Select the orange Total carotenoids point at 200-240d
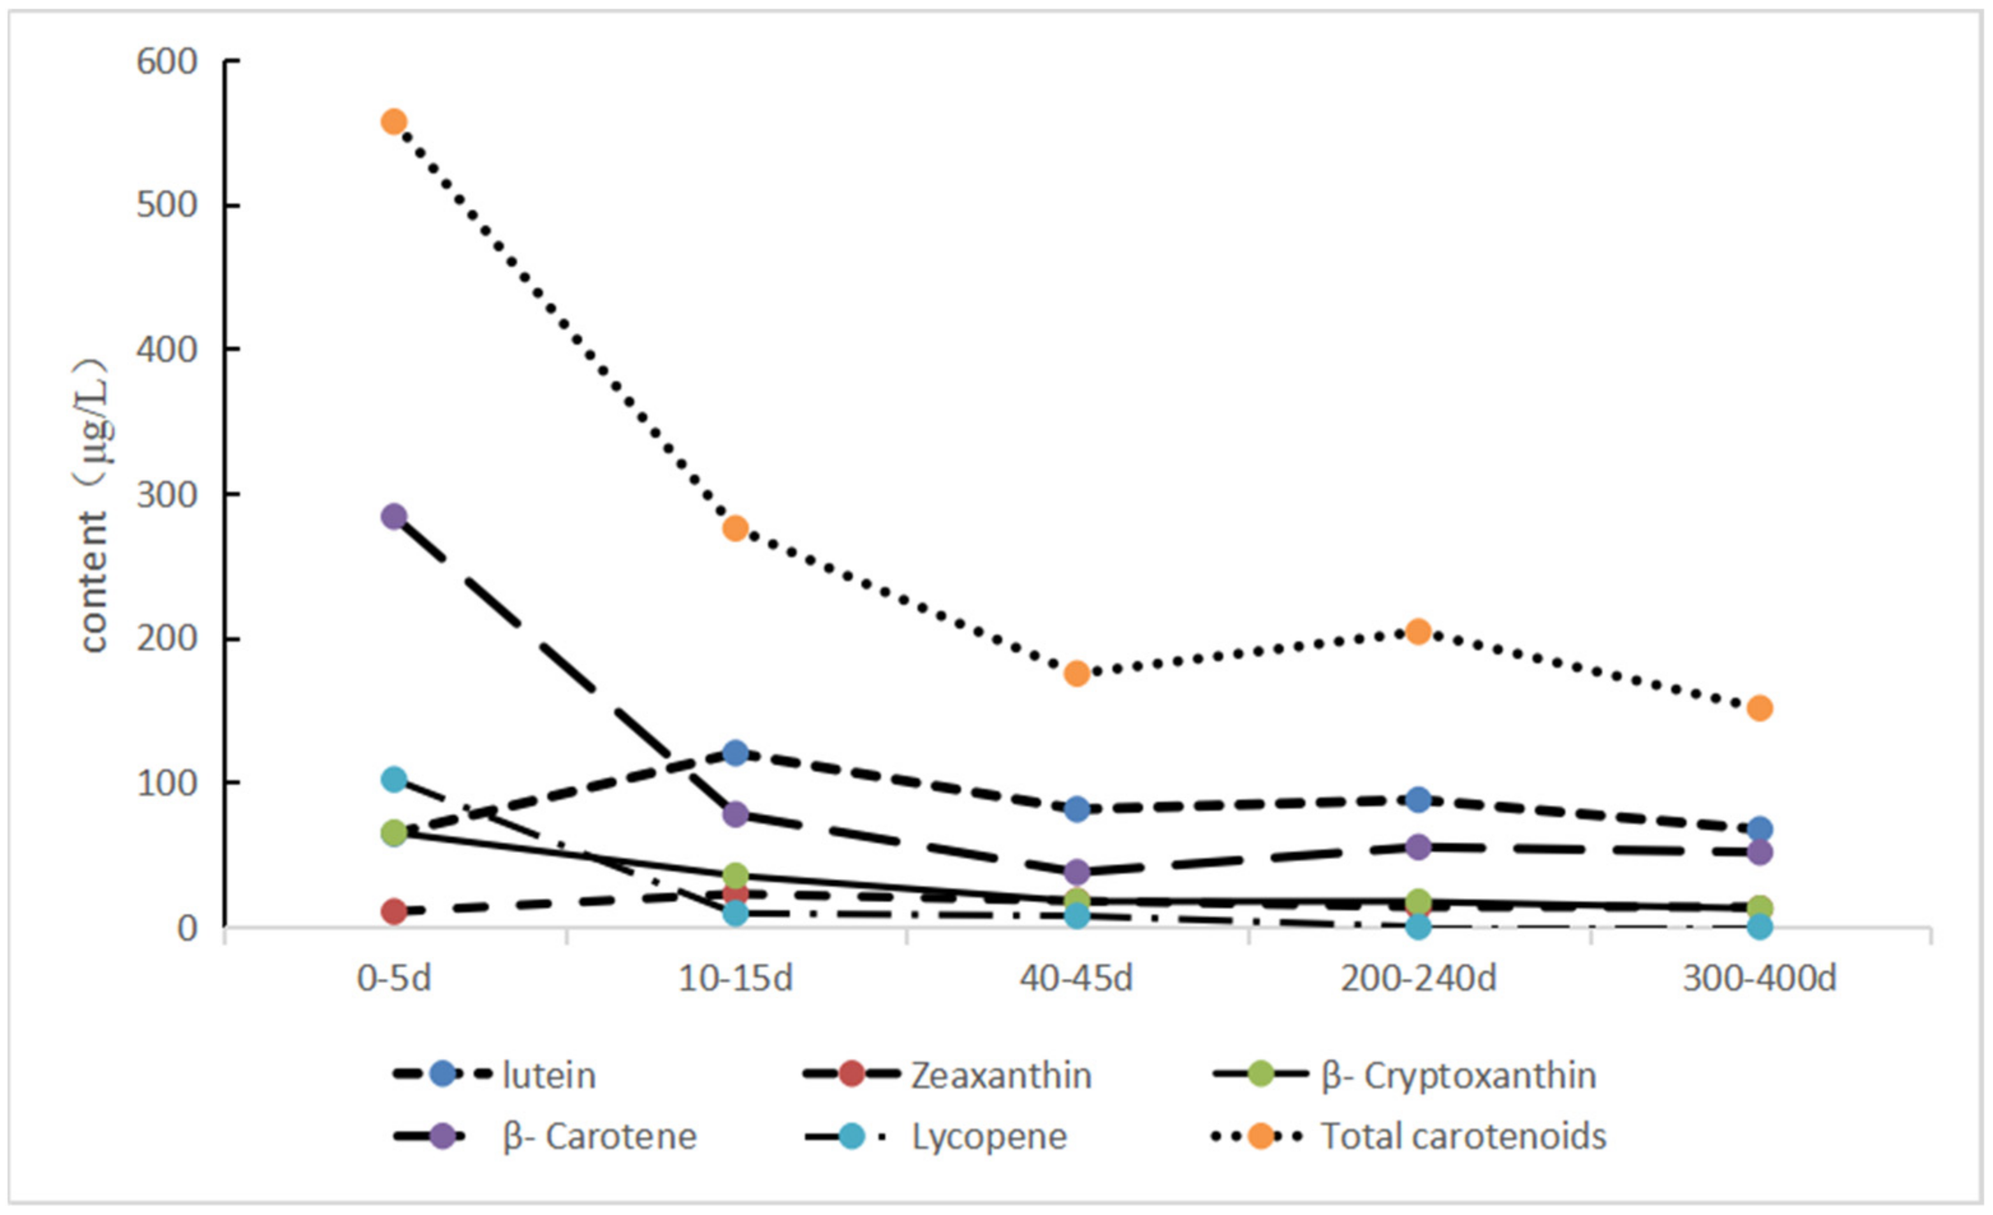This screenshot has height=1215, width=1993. click(x=1418, y=631)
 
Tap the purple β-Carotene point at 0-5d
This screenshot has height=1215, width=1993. click(x=393, y=516)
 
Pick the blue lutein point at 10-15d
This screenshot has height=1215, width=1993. click(x=735, y=753)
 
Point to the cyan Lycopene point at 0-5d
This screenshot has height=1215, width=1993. click(x=393, y=780)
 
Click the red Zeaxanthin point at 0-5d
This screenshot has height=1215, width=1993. click(x=393, y=912)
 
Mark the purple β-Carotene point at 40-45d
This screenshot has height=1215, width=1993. click(x=1077, y=872)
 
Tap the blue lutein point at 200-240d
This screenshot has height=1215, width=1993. click(x=1418, y=800)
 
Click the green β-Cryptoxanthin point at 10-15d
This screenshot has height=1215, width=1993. click(x=735, y=875)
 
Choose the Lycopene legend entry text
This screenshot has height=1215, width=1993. click(x=989, y=1137)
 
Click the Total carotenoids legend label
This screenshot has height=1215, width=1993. click(x=1463, y=1137)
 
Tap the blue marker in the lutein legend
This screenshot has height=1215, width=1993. click(x=442, y=1074)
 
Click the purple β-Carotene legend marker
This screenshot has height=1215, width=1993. click(x=442, y=1136)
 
